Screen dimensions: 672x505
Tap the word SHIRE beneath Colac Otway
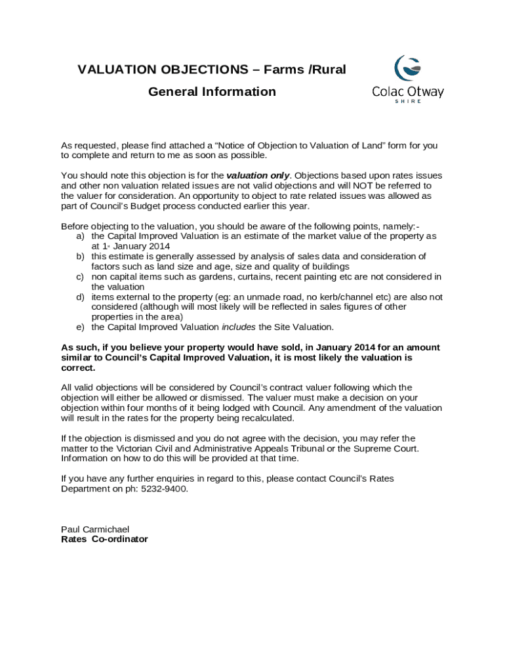click(x=408, y=101)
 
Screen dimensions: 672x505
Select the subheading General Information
click(x=212, y=91)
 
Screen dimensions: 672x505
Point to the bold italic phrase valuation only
click(x=258, y=176)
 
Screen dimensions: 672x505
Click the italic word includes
click(x=239, y=327)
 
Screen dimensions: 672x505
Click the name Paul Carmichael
click(x=95, y=529)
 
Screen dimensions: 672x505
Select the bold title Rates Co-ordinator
click(x=104, y=539)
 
